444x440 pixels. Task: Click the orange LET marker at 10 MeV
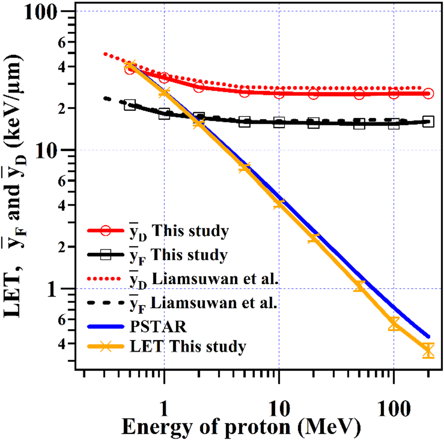click(x=279, y=204)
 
